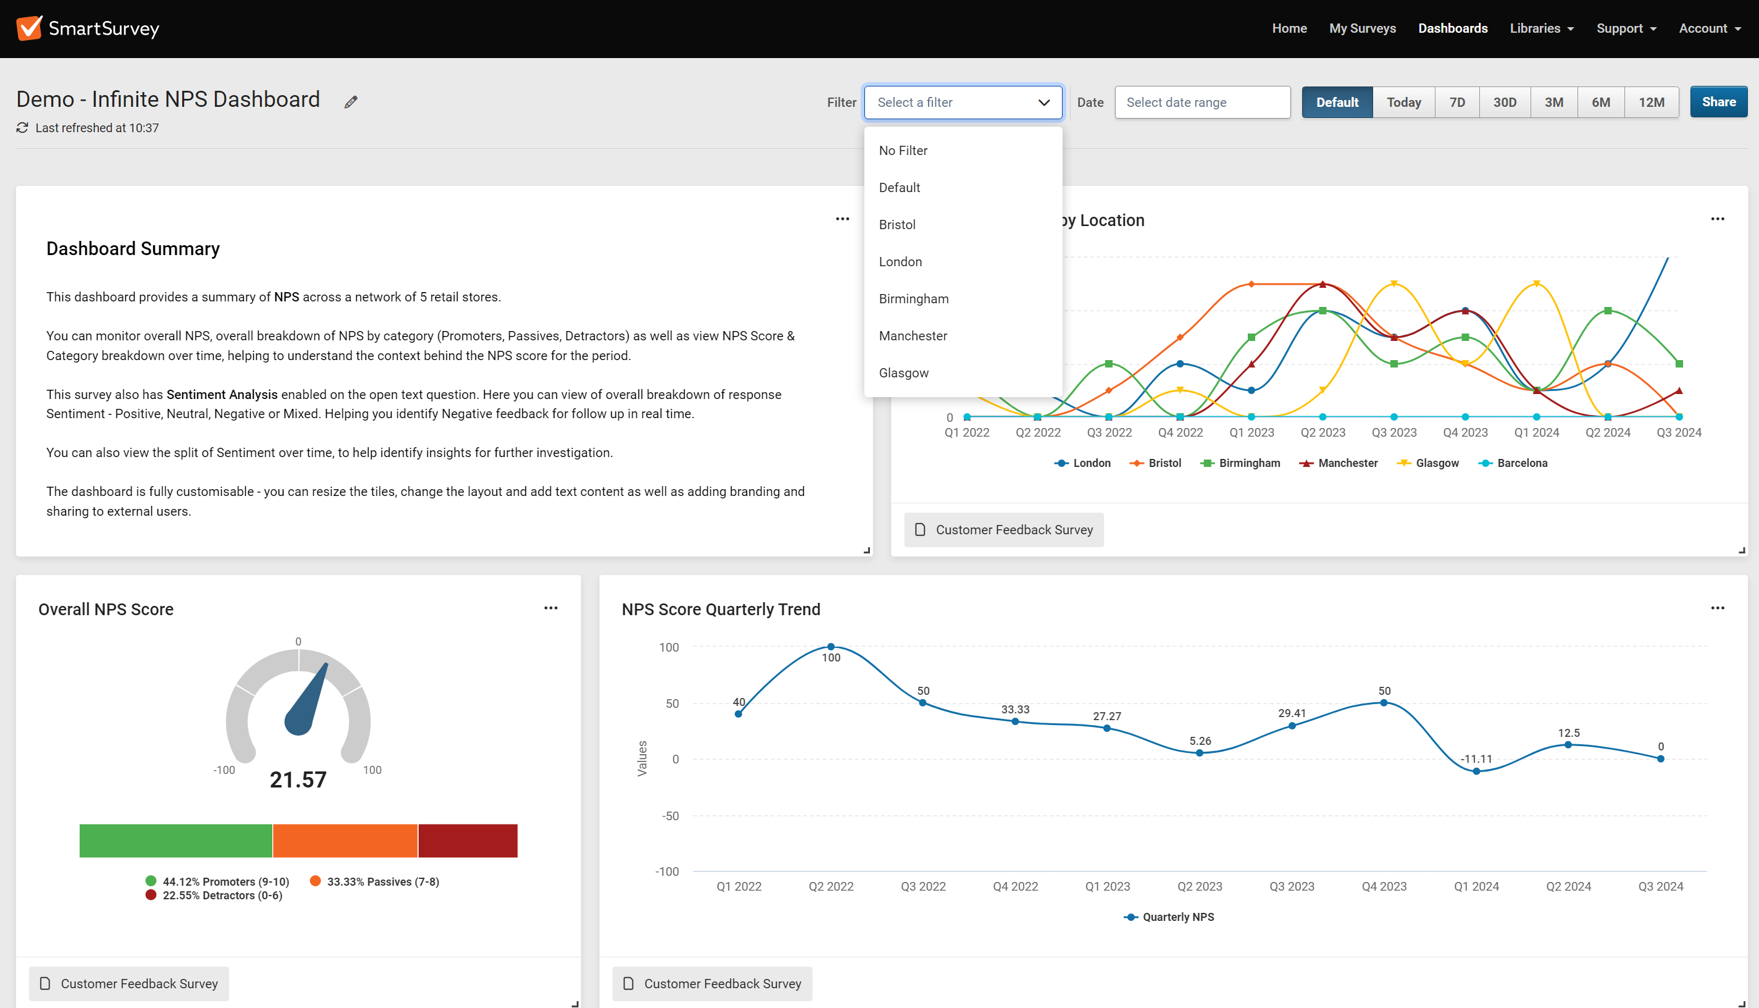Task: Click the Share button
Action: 1718,102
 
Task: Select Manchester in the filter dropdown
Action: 913,336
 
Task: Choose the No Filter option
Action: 903,150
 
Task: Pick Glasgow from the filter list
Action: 904,373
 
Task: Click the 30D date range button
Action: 1505,103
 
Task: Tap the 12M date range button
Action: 1651,103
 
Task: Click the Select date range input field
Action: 1202,103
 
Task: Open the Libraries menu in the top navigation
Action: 1541,28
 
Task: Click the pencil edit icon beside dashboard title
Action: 351,103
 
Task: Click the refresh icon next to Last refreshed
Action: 23,128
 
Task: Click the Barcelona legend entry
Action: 1521,463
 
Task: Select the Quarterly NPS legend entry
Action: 1177,917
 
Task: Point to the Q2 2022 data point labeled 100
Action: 830,647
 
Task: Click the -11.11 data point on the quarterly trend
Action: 1476,771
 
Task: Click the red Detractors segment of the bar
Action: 468,841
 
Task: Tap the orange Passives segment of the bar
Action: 345,841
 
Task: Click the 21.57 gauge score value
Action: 298,780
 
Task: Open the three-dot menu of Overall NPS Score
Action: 551,608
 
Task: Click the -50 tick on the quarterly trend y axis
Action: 670,815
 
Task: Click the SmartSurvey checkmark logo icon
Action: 29,28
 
